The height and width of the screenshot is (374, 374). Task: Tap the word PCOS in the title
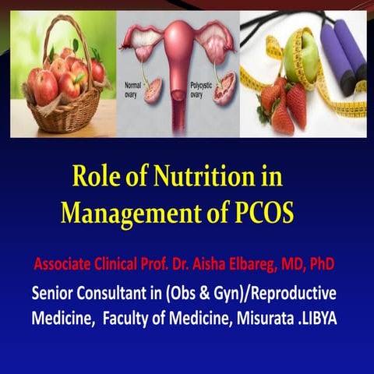tap(262, 211)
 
